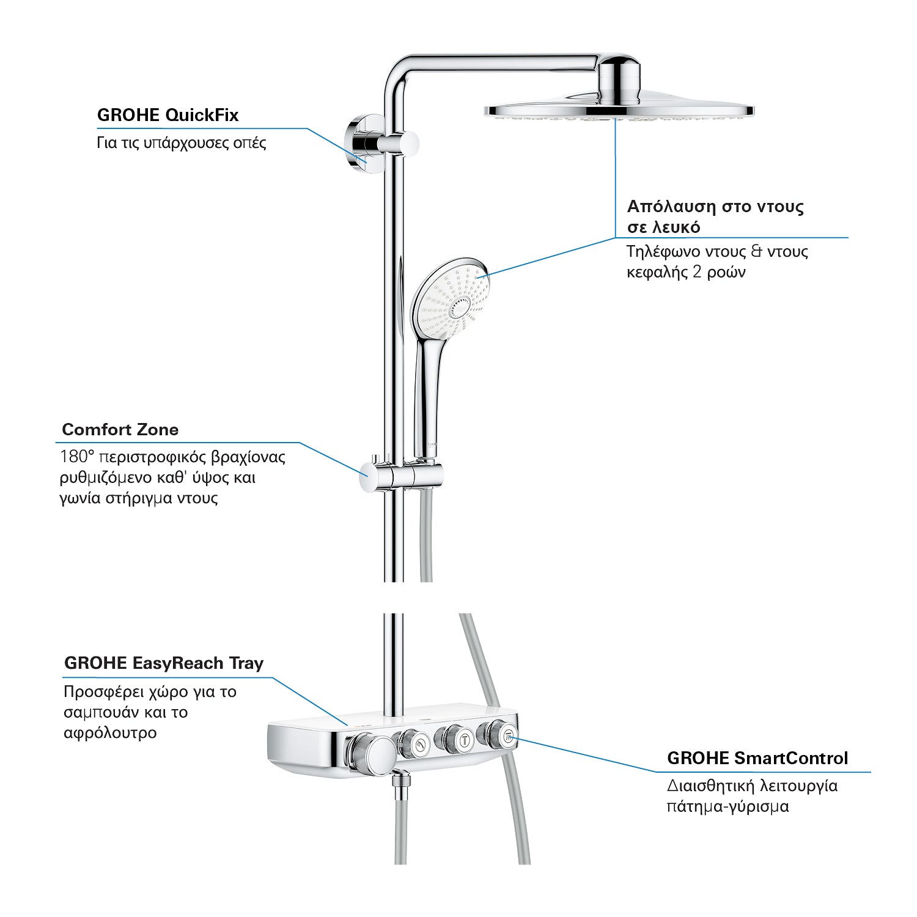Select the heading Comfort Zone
pyautogui.click(x=120, y=429)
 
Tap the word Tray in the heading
pyautogui.click(x=246, y=663)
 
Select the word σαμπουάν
pyautogui.click(x=101, y=713)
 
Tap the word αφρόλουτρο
pyautogui.click(x=110, y=732)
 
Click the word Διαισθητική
pyautogui.click(x=709, y=786)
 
